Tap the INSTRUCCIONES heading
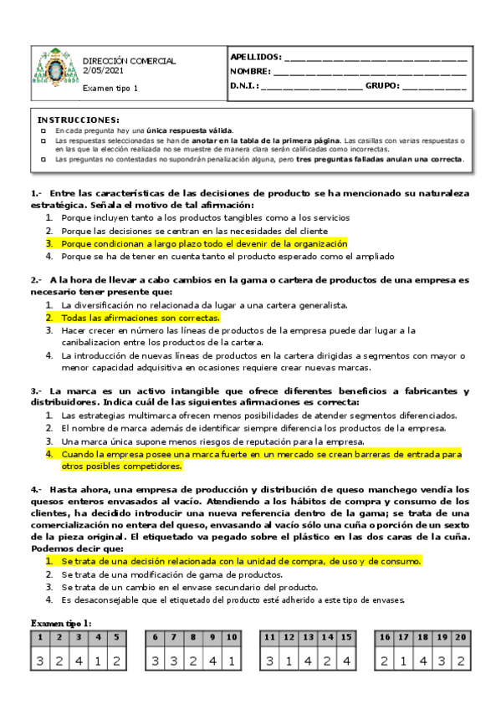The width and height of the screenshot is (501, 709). pos(79,120)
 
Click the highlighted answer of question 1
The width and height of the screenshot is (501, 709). pos(203,243)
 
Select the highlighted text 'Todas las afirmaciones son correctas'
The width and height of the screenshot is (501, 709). pos(141,318)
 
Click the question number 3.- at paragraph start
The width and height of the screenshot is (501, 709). pos(37,391)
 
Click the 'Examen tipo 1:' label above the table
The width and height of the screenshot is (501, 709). pos(62,623)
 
